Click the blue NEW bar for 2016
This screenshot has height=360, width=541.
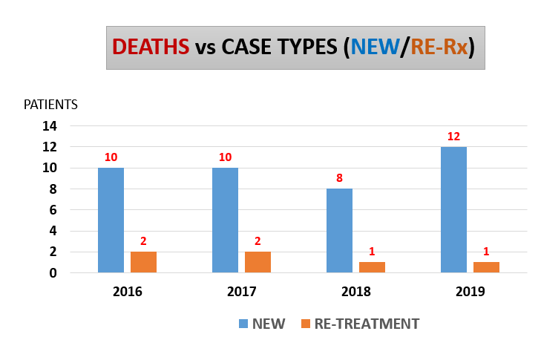[x=111, y=220]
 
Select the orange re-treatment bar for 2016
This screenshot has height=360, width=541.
[x=143, y=262]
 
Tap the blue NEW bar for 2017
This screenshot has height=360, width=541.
[x=225, y=220]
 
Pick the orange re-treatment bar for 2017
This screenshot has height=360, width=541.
[x=258, y=262]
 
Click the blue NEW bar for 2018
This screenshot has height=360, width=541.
[x=339, y=231]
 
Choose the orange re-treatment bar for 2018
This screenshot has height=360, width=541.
[x=372, y=267]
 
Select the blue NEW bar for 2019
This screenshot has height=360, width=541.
[x=453, y=210]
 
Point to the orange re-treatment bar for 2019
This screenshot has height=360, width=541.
[x=486, y=267]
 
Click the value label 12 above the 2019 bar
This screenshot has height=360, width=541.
[x=453, y=137]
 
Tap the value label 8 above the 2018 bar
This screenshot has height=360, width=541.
[x=339, y=178]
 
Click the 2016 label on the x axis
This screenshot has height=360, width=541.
[x=127, y=292]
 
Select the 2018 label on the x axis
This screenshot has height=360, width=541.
[x=355, y=292]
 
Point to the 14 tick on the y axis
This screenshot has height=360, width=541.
[x=50, y=126]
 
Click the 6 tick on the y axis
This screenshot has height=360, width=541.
[x=54, y=210]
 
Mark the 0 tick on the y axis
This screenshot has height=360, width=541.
[x=54, y=273]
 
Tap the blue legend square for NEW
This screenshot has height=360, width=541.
[x=243, y=324]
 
